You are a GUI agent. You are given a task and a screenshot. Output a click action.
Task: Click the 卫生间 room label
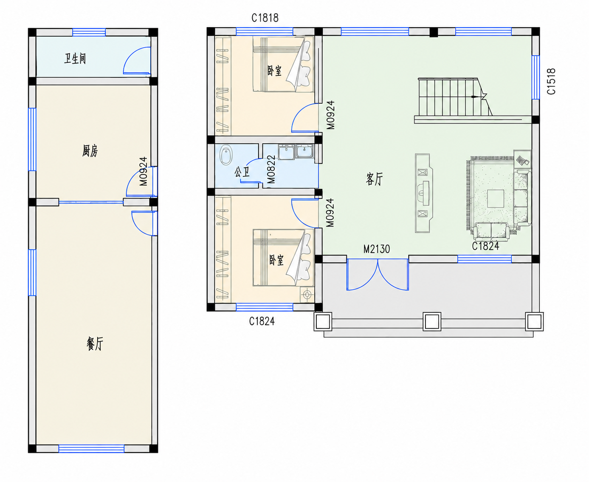click(75, 59)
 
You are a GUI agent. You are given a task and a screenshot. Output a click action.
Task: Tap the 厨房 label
click(90, 151)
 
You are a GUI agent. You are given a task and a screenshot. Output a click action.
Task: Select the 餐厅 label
click(95, 343)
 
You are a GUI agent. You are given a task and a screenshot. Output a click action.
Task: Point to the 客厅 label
click(374, 179)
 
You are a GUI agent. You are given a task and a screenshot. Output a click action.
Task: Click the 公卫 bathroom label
click(242, 172)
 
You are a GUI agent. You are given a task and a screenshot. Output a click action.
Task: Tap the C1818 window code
click(265, 18)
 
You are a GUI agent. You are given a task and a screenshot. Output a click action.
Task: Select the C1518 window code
click(551, 81)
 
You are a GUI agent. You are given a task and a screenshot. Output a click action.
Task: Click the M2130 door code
click(377, 249)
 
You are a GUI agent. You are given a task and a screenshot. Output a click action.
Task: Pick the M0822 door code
click(271, 170)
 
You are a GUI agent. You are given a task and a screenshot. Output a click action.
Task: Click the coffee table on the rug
click(496, 198)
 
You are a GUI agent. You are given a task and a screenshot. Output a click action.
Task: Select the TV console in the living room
click(424, 193)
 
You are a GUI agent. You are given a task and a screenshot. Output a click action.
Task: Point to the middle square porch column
click(432, 321)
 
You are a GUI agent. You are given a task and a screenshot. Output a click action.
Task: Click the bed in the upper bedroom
click(283, 64)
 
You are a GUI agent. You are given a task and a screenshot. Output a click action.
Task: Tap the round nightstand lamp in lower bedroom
click(307, 295)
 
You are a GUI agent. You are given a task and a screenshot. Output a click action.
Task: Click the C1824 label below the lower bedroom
click(262, 321)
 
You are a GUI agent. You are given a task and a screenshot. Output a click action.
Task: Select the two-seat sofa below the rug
click(491, 231)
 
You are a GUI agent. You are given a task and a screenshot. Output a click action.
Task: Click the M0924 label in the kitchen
click(143, 171)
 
